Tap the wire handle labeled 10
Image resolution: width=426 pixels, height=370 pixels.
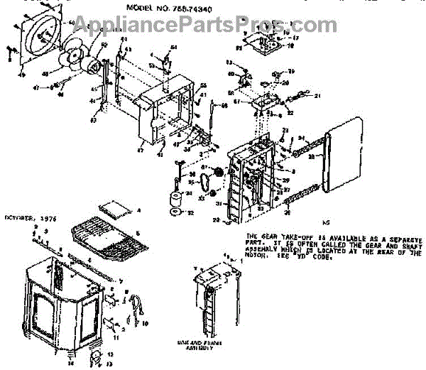click(136, 310)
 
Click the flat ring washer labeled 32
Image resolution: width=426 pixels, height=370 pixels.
click(173, 212)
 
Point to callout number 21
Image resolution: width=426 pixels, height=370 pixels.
click(318, 97)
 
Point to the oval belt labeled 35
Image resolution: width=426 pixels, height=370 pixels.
click(207, 184)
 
